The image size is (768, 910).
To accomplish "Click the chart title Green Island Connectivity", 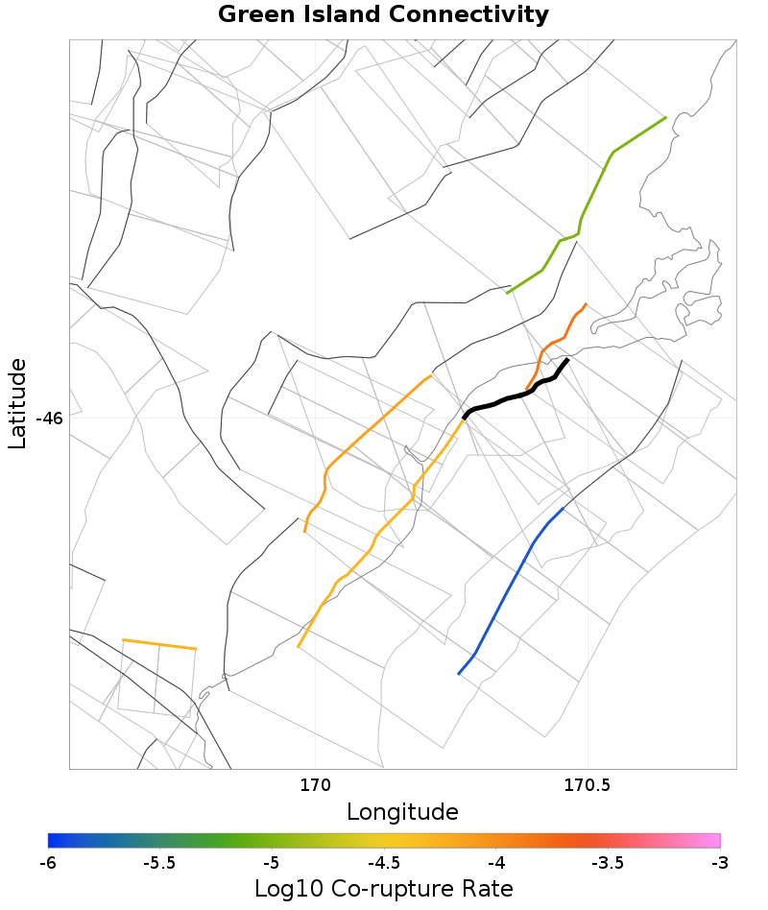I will click(383, 15).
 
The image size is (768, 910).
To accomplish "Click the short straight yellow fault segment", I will click(159, 644).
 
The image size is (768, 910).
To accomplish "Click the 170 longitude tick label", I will click(315, 786).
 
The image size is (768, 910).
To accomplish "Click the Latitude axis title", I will click(17, 403).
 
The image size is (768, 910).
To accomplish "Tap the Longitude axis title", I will click(402, 812).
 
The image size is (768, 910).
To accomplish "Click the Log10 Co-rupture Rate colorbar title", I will click(383, 888).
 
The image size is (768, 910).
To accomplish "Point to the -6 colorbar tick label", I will click(48, 863).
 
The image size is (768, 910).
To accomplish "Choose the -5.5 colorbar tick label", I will click(158, 863).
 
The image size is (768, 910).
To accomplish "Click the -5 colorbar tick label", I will click(272, 863).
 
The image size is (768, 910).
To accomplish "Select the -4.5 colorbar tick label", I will click(383, 863).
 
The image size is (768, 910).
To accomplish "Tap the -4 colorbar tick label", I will click(495, 863).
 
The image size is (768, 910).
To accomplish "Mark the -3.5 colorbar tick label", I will click(607, 863).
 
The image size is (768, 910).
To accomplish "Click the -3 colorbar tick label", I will click(719, 863).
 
